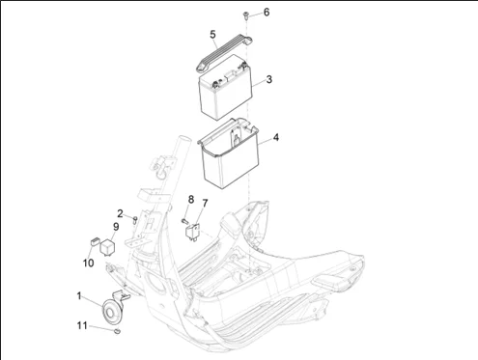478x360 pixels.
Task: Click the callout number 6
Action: click(267, 13)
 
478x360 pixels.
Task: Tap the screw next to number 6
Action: click(245, 15)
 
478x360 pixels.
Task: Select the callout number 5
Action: click(212, 35)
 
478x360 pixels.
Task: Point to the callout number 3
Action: click(269, 79)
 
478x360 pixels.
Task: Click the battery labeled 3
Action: click(225, 87)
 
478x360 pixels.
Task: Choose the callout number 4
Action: click(276, 137)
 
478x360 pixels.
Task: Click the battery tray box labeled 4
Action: click(229, 153)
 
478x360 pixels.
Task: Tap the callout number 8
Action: click(191, 200)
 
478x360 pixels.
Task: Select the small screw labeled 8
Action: click(184, 221)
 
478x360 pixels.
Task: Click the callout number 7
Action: click(205, 204)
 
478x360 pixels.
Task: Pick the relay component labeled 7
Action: click(193, 232)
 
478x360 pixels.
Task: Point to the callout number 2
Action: click(120, 213)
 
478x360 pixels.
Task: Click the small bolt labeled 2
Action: click(135, 220)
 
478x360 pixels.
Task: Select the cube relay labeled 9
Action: click(108, 247)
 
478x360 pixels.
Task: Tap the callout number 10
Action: click(88, 263)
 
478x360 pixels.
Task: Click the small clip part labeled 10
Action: click(95, 241)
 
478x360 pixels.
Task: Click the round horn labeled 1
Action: click(112, 311)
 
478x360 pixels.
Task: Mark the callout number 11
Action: click(82, 325)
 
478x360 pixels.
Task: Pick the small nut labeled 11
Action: click(117, 331)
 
